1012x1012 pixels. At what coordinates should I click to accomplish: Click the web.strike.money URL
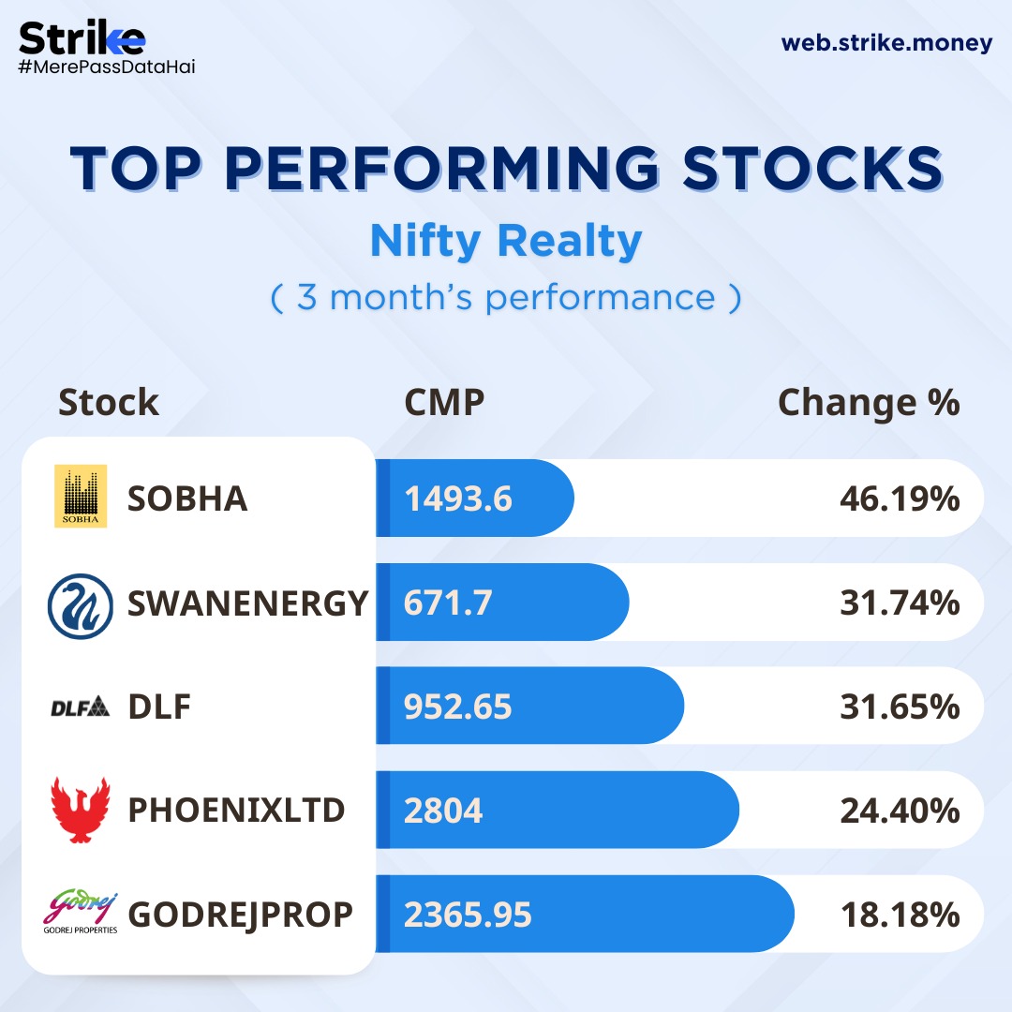[x=886, y=43]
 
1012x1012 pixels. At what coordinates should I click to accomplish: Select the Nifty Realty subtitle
[x=506, y=241]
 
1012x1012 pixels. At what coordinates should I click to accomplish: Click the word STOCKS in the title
[x=811, y=169]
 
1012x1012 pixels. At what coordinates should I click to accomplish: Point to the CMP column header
[x=444, y=403]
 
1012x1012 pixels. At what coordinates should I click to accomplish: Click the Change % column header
[x=869, y=403]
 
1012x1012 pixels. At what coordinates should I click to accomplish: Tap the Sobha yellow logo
[x=81, y=496]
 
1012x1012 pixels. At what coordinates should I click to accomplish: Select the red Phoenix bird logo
[x=81, y=810]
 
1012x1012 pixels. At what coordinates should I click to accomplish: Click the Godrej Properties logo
[x=81, y=914]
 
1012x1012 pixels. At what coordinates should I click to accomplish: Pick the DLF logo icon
[x=81, y=707]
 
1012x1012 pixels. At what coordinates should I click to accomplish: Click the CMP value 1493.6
[x=458, y=499]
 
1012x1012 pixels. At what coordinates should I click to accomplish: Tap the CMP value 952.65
[x=458, y=707]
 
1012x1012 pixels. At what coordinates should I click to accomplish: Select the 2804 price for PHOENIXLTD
[x=443, y=811]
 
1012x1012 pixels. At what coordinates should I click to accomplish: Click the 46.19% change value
[x=900, y=499]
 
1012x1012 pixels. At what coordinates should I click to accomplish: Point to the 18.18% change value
[x=900, y=915]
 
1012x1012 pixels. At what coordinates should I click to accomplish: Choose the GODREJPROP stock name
[x=241, y=915]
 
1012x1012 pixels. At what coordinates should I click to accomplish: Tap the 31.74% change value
[x=900, y=603]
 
